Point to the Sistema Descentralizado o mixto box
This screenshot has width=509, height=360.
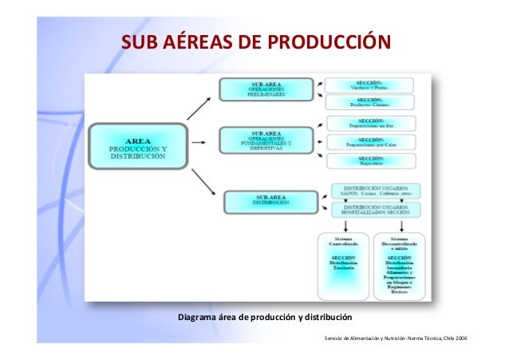coord(400,265)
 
